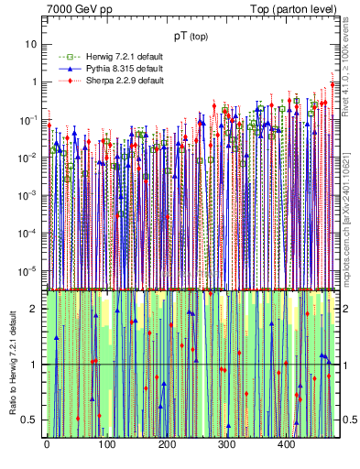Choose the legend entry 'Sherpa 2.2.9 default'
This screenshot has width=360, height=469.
tap(125, 81)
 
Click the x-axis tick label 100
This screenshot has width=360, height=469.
tap(106, 445)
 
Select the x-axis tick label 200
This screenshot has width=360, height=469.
tap(167, 445)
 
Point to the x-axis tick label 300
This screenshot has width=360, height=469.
tap(226, 445)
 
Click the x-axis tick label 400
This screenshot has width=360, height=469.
tap(287, 445)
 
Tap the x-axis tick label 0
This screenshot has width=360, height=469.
tap(47, 445)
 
